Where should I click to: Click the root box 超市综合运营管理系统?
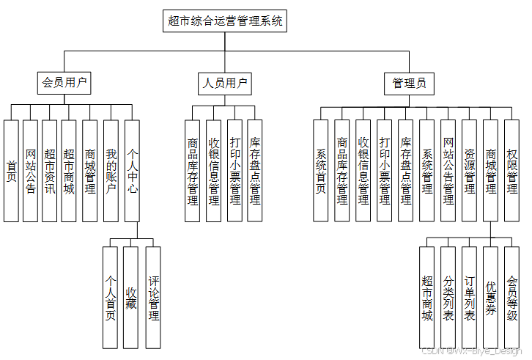coord(224,21)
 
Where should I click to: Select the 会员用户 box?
coord(64,83)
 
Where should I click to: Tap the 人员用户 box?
coord(224,83)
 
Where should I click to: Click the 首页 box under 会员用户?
coord(11,170)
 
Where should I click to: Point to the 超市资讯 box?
coord(50,170)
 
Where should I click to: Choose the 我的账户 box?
coord(111,170)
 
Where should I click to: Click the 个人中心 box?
coord(132,170)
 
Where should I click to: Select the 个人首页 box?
coord(111,297)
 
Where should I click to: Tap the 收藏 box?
coord(131,297)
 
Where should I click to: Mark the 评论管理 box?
coord(153,297)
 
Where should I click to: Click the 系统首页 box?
coord(321,170)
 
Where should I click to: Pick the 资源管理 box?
coord(469,170)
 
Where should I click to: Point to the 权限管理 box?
coord(512,170)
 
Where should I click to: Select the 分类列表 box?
coord(448,297)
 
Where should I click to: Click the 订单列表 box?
coord(470,297)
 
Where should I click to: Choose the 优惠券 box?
coord(491,297)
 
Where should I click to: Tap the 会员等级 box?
coord(512,297)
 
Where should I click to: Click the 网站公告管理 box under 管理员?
coord(448,170)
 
